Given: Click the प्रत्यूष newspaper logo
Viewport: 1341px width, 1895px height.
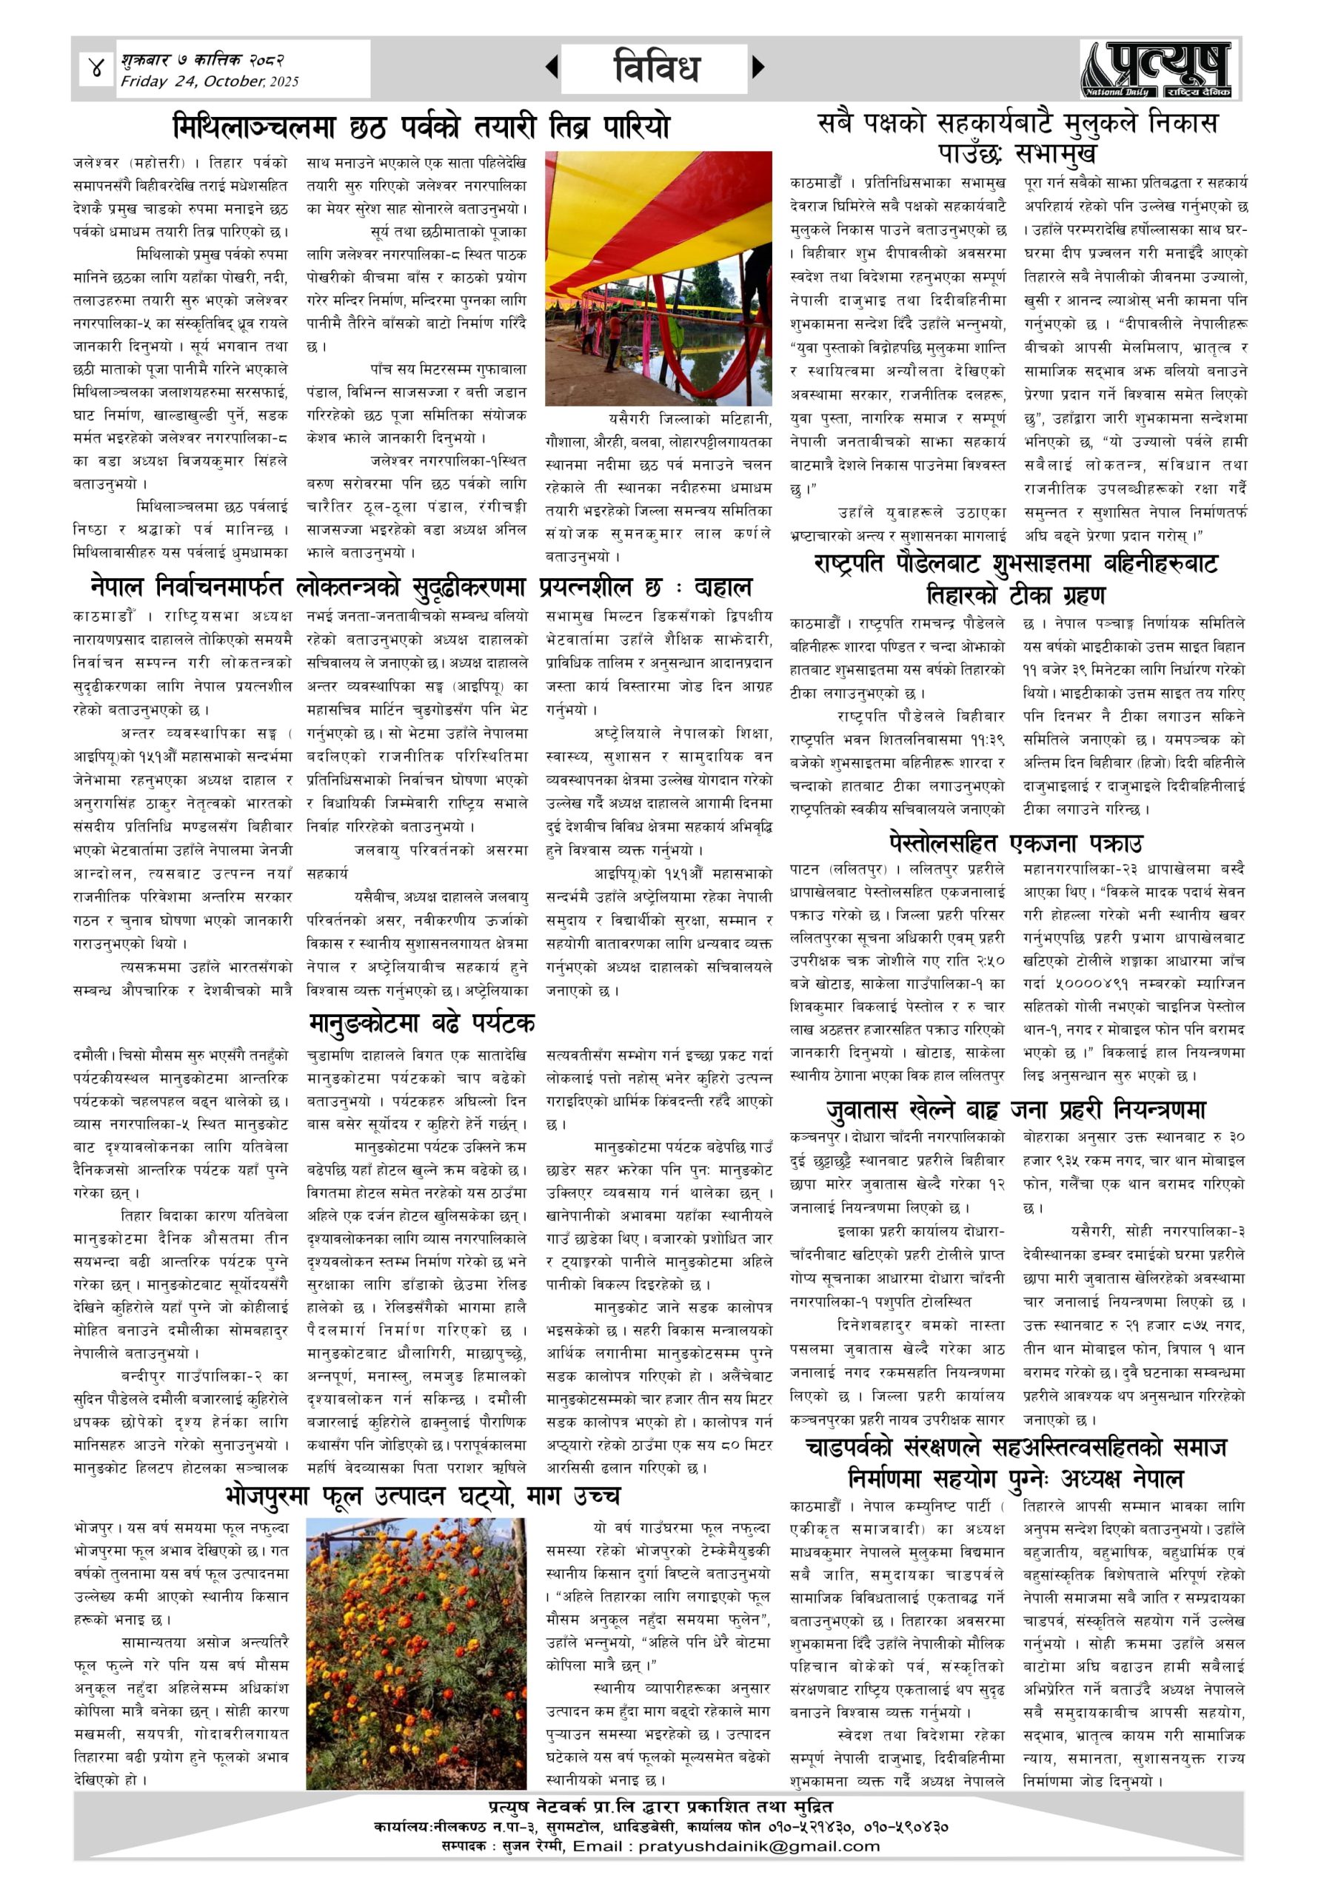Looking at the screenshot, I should pyautogui.click(x=1160, y=70).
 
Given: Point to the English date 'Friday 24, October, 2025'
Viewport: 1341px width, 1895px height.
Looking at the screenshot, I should pyautogui.click(x=209, y=81).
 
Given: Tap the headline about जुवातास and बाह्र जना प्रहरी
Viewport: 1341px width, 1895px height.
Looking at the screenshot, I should pyautogui.click(x=1016, y=1110).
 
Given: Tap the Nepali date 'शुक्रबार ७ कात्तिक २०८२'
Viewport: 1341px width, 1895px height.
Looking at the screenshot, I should pyautogui.click(x=202, y=60).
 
